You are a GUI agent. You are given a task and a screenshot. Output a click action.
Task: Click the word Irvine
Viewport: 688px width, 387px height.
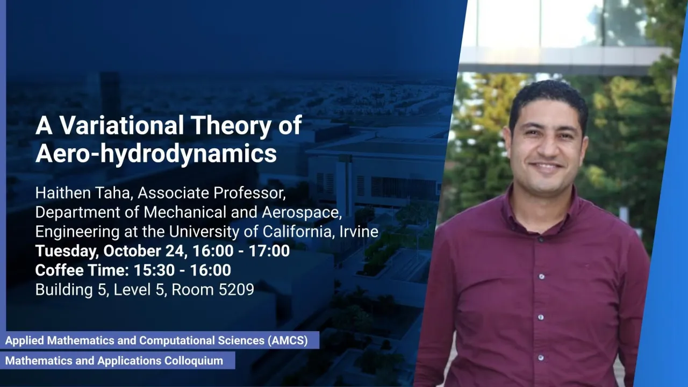(359, 231)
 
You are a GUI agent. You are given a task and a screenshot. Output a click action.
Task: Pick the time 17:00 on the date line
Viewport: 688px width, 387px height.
(269, 250)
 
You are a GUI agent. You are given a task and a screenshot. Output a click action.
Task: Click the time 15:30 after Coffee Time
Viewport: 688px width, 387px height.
(154, 270)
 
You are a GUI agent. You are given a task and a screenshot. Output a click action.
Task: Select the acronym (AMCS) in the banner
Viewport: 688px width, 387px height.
(288, 340)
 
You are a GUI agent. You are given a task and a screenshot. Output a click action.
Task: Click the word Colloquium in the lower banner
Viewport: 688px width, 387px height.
(194, 361)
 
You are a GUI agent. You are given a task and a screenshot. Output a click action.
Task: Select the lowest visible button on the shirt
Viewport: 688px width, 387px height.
(541, 358)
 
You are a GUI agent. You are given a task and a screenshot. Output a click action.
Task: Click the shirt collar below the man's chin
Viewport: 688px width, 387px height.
(543, 209)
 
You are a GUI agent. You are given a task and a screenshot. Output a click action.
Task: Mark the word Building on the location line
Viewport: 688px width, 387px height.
(64, 290)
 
